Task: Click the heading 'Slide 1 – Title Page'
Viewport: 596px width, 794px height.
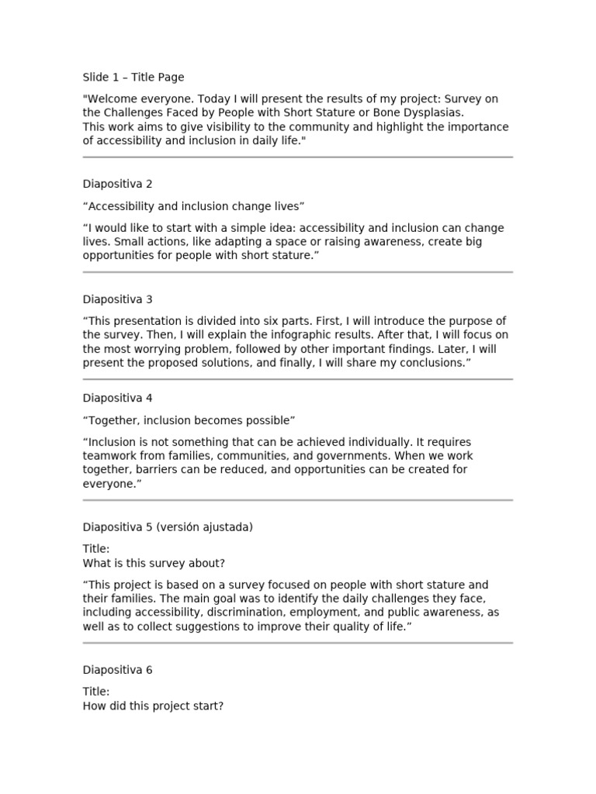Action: [x=133, y=78]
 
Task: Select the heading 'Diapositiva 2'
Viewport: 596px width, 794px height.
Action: [x=118, y=185]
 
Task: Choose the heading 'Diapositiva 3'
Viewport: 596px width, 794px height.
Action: [x=118, y=299]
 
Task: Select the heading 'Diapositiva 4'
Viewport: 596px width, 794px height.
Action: [x=118, y=399]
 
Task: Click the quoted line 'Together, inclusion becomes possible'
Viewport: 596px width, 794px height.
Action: [x=189, y=420]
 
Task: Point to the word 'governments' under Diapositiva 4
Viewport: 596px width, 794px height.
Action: [x=303, y=456]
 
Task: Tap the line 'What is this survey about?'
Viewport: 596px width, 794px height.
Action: [x=154, y=563]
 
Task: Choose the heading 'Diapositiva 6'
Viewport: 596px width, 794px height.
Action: [x=118, y=670]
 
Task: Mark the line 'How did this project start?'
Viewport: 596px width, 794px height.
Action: [x=154, y=706]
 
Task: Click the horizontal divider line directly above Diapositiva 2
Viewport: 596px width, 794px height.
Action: [x=298, y=157]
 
